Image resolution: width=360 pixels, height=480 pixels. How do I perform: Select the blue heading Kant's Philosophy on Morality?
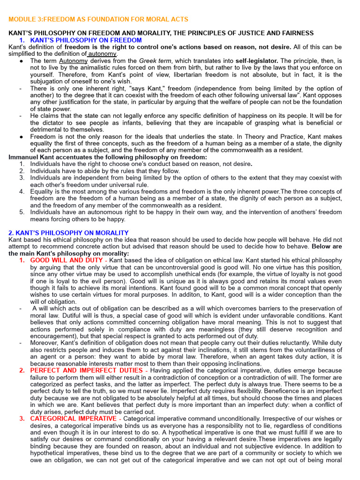point(68,233)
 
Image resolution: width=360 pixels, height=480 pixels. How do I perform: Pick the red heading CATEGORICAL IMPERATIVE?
point(74,418)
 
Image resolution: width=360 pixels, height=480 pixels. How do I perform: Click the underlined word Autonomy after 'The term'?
point(73,61)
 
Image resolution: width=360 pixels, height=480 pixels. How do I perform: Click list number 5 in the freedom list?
point(22,212)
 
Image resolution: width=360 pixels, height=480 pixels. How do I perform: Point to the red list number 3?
point(22,418)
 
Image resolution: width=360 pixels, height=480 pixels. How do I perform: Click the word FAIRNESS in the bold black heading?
point(296,33)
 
